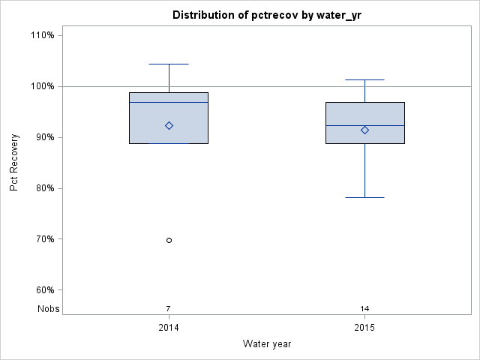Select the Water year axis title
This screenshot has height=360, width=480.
point(267,343)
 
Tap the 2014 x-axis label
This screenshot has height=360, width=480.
point(169,328)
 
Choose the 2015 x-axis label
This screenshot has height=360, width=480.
point(365,328)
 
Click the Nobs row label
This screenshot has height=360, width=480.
point(49,308)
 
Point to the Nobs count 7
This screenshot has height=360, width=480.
point(169,308)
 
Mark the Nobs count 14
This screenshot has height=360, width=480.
point(365,308)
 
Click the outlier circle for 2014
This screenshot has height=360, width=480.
point(169,240)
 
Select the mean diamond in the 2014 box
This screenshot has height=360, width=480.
point(169,126)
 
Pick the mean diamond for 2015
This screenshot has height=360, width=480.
point(365,130)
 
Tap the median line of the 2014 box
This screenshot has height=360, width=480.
point(169,102)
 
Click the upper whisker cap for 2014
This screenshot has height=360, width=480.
point(169,64)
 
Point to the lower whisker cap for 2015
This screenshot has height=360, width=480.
point(365,197)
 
